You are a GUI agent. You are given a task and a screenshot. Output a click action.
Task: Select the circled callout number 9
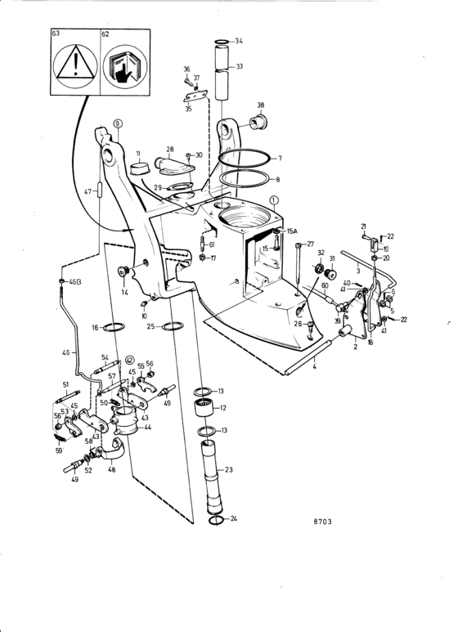(117, 123)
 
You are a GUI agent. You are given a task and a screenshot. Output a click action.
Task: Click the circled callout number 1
(274, 200)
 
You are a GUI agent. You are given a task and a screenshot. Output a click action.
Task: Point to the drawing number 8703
(322, 521)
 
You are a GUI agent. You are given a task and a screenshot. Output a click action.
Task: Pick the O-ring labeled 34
(222, 42)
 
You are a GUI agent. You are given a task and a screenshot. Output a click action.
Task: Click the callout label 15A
(291, 231)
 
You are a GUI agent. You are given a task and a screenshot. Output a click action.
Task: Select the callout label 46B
(75, 282)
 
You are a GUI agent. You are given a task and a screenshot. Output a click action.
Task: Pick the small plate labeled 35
(195, 96)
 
